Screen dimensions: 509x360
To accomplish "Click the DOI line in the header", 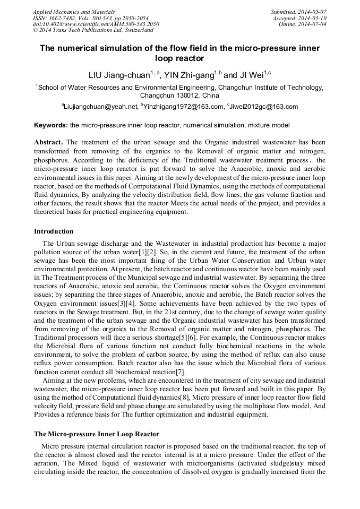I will [96, 24].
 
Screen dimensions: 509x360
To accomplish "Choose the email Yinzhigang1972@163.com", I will [184, 107].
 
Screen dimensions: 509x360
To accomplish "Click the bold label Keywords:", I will [51, 126].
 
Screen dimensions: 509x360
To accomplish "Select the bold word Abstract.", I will [48, 142].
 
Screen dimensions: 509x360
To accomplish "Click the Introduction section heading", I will [54, 231].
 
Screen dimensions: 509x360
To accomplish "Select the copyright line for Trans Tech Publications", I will [93, 30].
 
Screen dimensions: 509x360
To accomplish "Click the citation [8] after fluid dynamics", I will [183, 398].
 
